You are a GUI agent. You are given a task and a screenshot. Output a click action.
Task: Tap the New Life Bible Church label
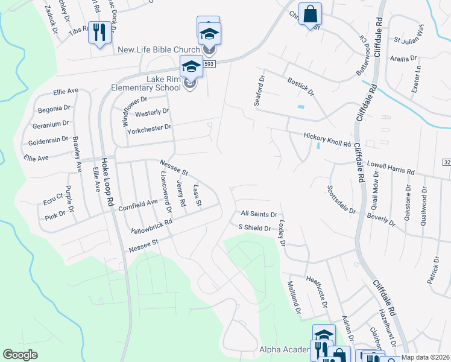point(159,49)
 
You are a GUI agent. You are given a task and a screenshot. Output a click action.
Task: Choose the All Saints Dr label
point(259,214)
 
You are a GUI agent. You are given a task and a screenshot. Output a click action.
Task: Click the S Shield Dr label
point(254,227)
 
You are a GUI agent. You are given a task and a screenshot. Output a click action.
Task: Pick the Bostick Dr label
point(300,86)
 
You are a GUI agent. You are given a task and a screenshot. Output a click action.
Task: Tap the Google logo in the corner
point(20,355)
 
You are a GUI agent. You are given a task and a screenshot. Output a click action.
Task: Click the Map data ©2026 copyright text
point(426,358)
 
